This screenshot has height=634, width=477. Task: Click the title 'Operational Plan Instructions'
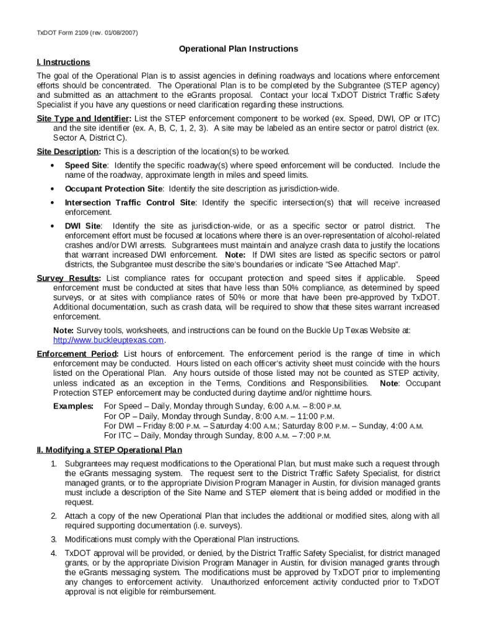coord(239,48)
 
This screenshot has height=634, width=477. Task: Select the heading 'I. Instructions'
coord(63,62)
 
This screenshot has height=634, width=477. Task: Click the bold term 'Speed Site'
coord(85,165)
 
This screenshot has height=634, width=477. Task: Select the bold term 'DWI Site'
coord(83,226)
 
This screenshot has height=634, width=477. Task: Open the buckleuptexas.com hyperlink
coord(109,340)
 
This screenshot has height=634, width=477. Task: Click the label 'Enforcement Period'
coord(77,354)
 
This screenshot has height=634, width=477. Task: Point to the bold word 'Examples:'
coord(73,406)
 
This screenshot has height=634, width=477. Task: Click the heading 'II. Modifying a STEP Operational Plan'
coord(109,450)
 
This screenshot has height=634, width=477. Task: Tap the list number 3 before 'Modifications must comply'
coord(54,539)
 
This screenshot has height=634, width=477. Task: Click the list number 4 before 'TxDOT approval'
coord(54,553)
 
